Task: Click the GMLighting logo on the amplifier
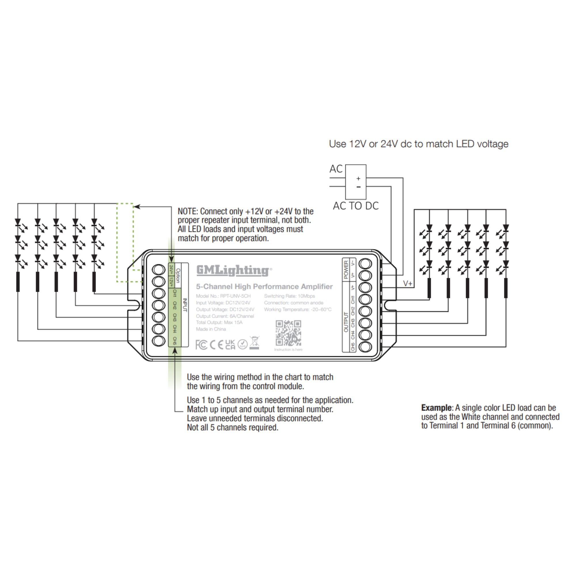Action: click(x=234, y=270)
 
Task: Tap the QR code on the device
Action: click(x=288, y=333)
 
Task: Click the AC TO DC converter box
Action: click(x=355, y=182)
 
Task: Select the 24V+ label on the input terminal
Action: click(x=171, y=270)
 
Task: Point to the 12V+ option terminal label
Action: click(x=171, y=282)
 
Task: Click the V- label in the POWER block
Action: click(x=353, y=263)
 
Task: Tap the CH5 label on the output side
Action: click(x=353, y=347)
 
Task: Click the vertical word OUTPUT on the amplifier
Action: click(x=346, y=322)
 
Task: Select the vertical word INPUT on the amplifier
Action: click(x=185, y=305)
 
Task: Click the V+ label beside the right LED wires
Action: click(x=408, y=283)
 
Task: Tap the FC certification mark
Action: click(x=201, y=345)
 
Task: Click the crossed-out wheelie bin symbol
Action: click(x=254, y=342)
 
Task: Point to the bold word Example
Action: click(x=436, y=408)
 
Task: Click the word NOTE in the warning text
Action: click(x=187, y=211)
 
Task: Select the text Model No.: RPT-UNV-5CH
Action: click(x=223, y=296)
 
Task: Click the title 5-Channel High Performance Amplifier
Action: click(x=264, y=287)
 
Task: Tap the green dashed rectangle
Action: click(x=125, y=242)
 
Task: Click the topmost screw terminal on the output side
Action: click(x=365, y=264)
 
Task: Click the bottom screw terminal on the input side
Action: click(x=159, y=341)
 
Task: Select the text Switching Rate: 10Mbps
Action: click(x=289, y=296)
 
